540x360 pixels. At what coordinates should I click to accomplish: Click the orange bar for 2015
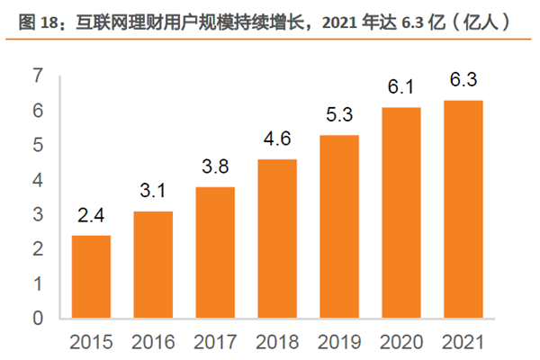click(x=91, y=276)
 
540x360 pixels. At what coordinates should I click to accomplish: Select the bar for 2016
click(x=153, y=265)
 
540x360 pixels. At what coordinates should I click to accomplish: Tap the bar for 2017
click(x=215, y=252)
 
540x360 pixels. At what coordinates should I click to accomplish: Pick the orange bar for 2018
click(x=277, y=238)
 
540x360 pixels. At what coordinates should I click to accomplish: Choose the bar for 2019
click(x=339, y=226)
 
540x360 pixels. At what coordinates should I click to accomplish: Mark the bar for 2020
click(x=401, y=212)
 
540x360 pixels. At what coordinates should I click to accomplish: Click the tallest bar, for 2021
click(x=463, y=209)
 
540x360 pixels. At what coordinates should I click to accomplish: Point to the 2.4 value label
click(x=91, y=217)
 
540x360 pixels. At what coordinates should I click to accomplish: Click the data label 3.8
click(x=215, y=168)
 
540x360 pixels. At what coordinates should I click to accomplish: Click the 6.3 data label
click(x=463, y=81)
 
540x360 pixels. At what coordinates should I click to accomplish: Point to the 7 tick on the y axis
click(x=38, y=76)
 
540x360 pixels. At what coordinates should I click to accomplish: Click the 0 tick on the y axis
click(x=38, y=318)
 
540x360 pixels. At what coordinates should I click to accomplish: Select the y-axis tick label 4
click(x=38, y=180)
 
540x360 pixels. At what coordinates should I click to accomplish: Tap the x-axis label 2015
click(x=91, y=341)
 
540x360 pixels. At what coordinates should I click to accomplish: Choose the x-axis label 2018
click(x=277, y=341)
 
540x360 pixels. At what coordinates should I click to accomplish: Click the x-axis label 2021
click(x=463, y=341)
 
